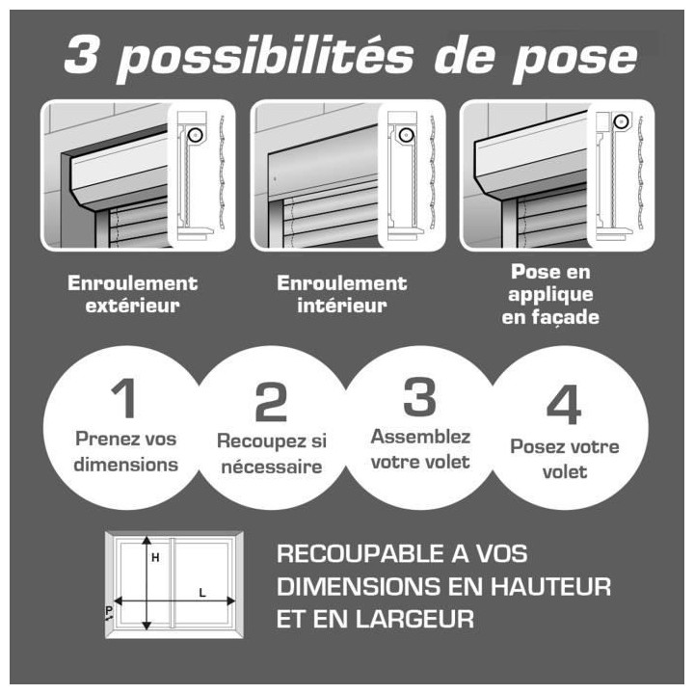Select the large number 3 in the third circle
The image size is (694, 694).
419,397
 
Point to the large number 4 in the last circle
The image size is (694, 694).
564,405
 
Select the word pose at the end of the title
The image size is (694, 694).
584,58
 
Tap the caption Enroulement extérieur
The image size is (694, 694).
132,295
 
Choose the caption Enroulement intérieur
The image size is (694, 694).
341,295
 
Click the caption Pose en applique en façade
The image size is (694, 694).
550,296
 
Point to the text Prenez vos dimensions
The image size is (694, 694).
126,451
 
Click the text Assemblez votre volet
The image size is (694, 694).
420,448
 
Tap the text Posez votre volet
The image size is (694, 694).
564,460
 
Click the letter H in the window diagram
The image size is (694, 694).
154,557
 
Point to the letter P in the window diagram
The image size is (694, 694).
109,609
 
